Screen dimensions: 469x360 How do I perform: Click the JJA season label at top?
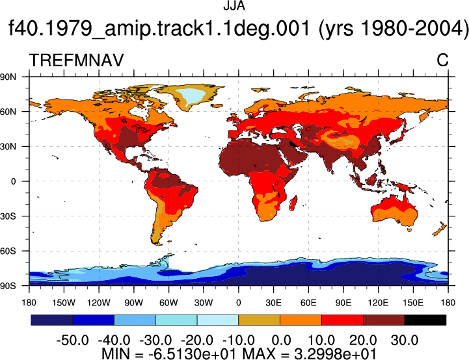click(234, 6)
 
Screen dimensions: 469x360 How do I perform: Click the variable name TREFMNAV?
click(76, 60)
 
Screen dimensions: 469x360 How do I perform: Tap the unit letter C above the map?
click(442, 60)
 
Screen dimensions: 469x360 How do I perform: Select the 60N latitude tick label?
click(8, 112)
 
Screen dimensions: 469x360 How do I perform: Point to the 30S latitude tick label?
click(8, 216)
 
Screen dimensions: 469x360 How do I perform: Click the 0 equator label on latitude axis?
click(13, 181)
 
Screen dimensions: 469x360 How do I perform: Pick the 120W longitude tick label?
click(99, 303)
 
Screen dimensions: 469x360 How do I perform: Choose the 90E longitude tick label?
click(343, 303)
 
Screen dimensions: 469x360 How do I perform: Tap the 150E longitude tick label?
click(413, 303)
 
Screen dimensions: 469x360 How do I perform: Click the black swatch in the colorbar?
click(425, 320)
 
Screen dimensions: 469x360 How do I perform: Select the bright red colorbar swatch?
click(342, 320)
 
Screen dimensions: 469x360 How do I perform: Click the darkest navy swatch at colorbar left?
click(52, 320)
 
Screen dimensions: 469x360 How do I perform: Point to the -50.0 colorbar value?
click(72, 341)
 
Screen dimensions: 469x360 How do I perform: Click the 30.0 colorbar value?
click(405, 341)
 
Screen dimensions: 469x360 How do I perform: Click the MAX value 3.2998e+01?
click(335, 354)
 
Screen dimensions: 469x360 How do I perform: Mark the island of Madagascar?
click(293, 203)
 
